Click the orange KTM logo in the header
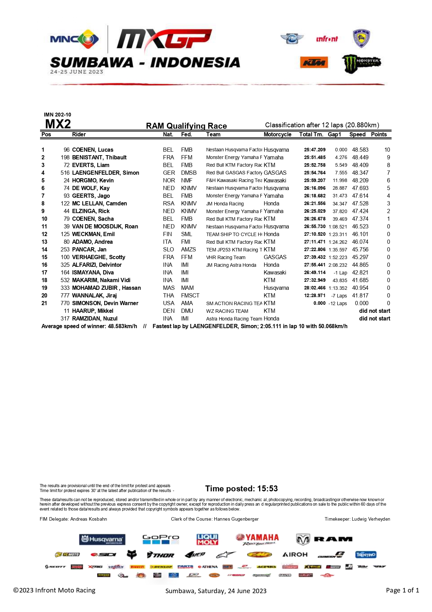click(x=314, y=62)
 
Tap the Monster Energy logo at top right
click(x=361, y=63)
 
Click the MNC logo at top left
click(x=74, y=39)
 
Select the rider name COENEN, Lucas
click(x=93, y=150)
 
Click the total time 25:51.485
click(x=315, y=157)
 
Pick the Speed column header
click(x=357, y=135)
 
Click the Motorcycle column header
click(x=277, y=135)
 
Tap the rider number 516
click(x=65, y=173)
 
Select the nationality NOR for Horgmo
click(x=169, y=180)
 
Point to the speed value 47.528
click(x=360, y=203)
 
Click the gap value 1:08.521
click(x=338, y=227)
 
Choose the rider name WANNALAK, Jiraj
click(x=94, y=295)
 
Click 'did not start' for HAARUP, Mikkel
click(x=375, y=311)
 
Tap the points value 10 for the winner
click(x=387, y=150)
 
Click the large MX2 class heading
click(x=58, y=124)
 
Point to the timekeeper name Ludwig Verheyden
click(x=371, y=519)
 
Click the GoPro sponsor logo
click(x=161, y=539)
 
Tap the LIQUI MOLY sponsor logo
click(x=207, y=539)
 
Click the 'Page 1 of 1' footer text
click(x=402, y=590)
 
